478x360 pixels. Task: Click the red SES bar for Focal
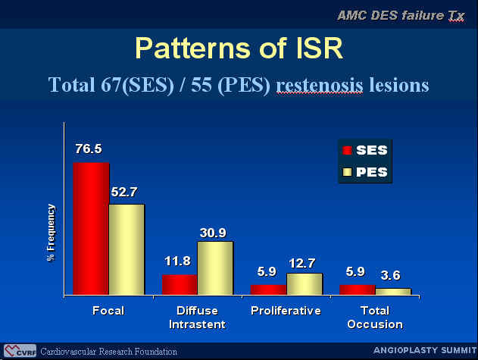point(91,229)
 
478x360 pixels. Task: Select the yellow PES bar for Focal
point(127,249)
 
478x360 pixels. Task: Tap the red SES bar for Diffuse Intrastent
point(180,285)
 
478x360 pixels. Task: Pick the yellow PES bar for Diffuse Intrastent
point(215,268)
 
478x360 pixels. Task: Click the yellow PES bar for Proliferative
point(305,284)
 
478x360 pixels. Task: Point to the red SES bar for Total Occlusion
point(358,290)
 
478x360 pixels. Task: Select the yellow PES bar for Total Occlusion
point(393,292)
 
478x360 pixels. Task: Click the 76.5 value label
point(89,149)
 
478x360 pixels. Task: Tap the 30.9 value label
point(213,233)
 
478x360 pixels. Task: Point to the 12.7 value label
point(301,263)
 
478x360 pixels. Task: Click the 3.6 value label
point(391,275)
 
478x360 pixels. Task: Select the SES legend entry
point(365,150)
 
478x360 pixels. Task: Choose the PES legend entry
point(365,172)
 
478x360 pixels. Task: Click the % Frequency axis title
point(52,233)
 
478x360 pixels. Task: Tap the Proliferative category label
point(286,311)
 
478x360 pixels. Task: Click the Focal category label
point(108,311)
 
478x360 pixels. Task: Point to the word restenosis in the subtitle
point(320,85)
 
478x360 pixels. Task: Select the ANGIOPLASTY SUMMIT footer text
point(425,350)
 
